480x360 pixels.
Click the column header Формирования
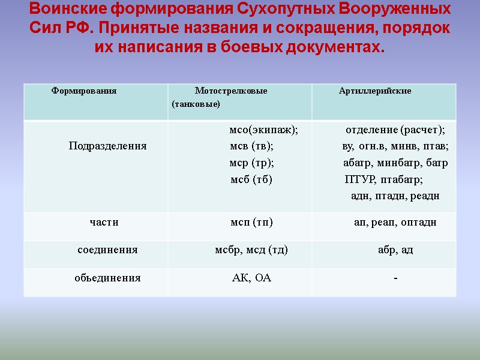tap(84, 91)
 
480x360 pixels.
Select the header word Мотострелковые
tap(231, 91)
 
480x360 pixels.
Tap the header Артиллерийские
tap(375, 91)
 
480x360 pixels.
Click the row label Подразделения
tap(107, 146)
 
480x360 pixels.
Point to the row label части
tap(104, 223)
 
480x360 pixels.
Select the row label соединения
tap(107, 250)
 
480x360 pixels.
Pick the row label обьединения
tap(107, 278)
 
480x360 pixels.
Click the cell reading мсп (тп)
tap(252, 223)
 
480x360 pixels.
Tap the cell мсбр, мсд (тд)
tap(251, 250)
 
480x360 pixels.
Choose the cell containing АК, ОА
tap(251, 278)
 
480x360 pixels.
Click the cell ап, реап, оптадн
tap(395, 223)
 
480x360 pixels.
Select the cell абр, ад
tap(395, 250)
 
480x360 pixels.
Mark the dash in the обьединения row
tap(395, 278)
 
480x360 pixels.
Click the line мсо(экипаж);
tap(263, 130)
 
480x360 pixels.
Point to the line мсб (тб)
tap(252, 179)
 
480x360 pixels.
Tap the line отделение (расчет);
tap(395, 130)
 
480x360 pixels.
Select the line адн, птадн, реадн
tap(395, 196)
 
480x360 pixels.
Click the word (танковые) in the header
tap(196, 105)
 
